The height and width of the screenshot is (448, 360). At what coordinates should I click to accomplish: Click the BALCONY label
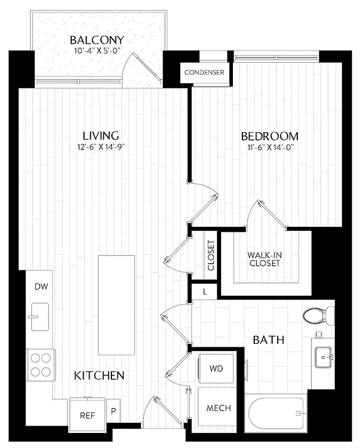(97, 40)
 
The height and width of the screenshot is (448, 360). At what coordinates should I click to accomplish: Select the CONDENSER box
(204, 72)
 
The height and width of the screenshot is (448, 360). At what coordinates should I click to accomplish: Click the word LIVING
(101, 136)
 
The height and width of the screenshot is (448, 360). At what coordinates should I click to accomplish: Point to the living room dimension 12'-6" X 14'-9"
(101, 147)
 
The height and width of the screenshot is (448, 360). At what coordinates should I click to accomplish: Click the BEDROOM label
(269, 136)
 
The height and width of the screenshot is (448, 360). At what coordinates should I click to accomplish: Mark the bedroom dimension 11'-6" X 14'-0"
(269, 148)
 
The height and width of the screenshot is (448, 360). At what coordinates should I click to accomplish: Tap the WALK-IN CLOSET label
(264, 259)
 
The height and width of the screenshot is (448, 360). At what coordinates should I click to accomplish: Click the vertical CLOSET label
(211, 256)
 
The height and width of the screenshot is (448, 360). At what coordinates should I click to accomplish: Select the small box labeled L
(205, 292)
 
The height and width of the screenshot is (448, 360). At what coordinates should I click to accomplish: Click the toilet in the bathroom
(317, 316)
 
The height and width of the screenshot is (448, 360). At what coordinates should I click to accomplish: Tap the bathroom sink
(324, 356)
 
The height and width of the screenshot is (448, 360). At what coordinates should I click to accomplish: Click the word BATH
(269, 340)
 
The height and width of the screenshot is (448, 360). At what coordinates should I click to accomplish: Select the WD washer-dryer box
(216, 369)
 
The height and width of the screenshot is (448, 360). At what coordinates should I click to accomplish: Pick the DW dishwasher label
(41, 287)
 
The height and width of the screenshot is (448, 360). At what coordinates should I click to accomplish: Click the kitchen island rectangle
(116, 305)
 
